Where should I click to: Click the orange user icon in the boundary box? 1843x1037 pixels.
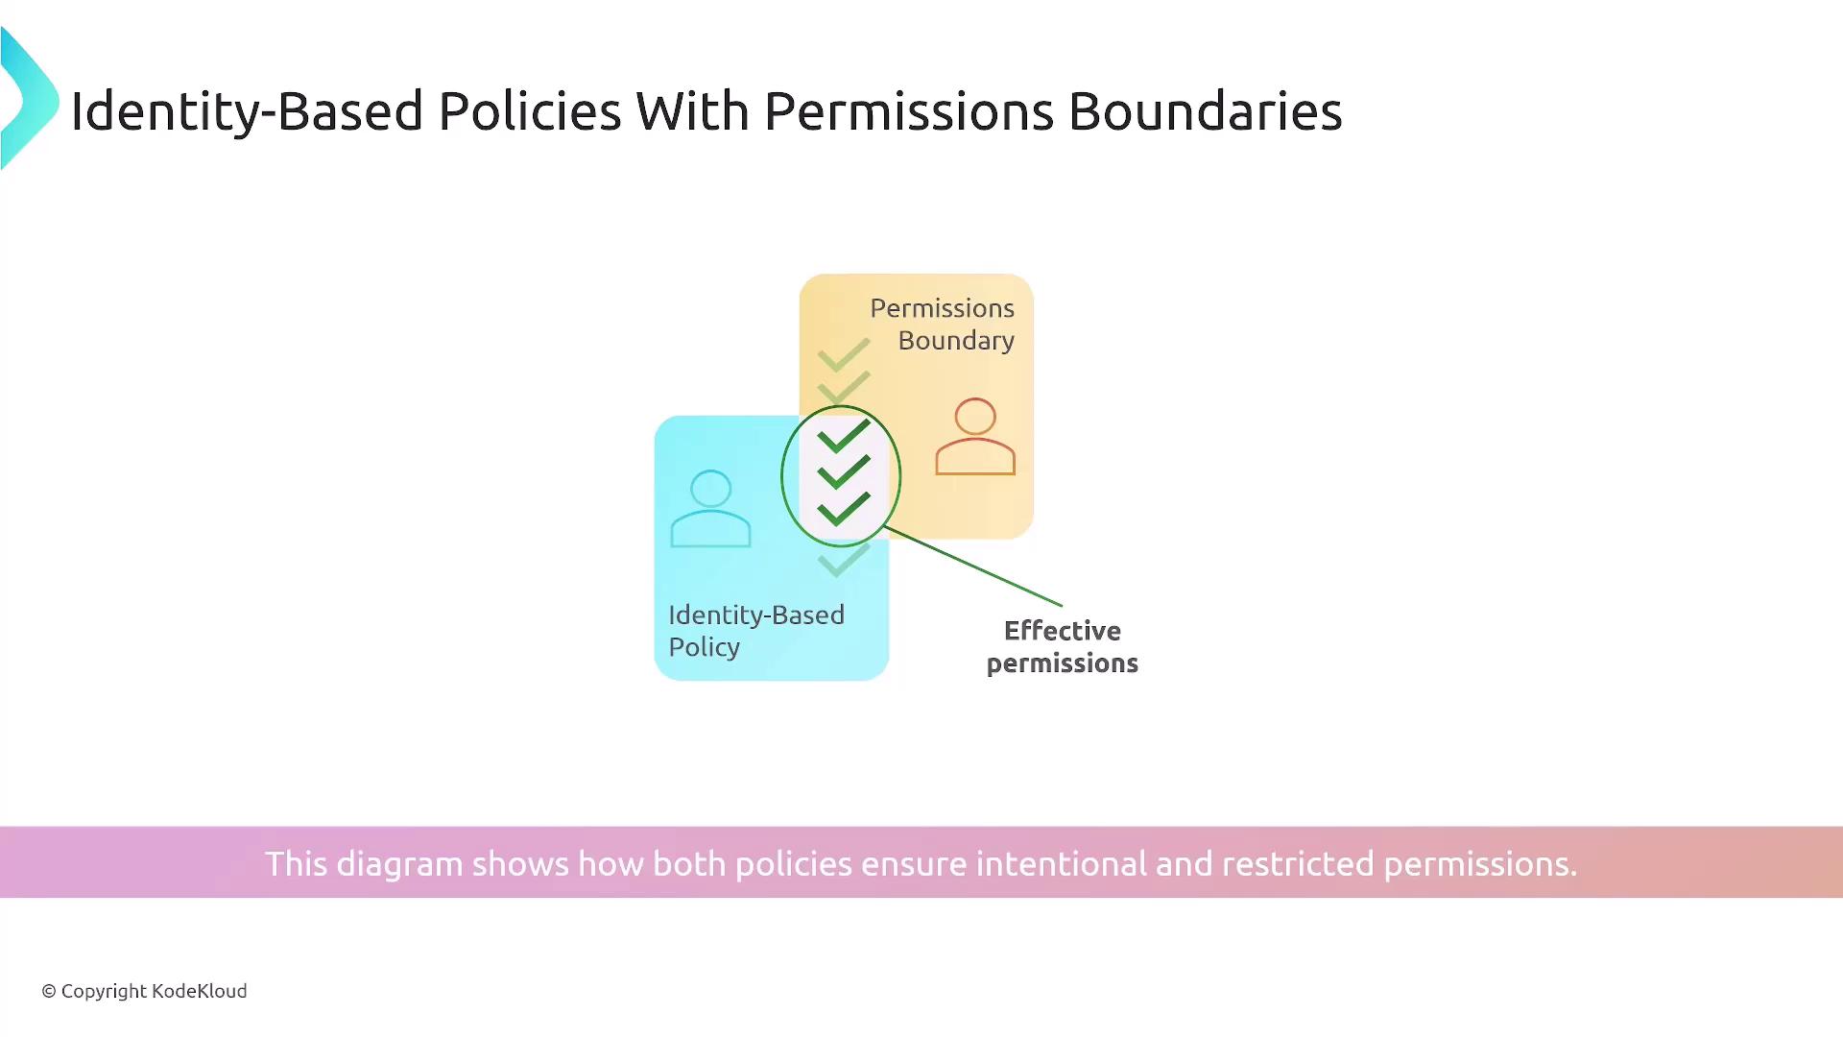[x=975, y=436]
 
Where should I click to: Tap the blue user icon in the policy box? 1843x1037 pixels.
[x=710, y=508]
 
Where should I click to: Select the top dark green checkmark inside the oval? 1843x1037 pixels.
[x=844, y=437]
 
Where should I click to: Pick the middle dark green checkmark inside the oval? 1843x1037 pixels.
[x=844, y=472]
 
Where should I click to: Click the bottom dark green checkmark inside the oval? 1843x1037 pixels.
[x=844, y=509]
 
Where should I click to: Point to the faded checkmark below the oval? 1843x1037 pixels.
[x=844, y=561]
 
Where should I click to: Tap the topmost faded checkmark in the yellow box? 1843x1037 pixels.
[x=844, y=355]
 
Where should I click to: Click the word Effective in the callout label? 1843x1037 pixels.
[x=1063, y=631]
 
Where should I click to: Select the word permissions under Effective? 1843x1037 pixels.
[x=1063, y=664]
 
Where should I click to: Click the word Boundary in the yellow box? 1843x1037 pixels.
[x=956, y=341]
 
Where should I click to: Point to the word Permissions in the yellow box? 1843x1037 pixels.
[x=943, y=308]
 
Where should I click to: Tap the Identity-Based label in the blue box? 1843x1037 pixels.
[x=756, y=615]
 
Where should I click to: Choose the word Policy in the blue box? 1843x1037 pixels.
[x=705, y=647]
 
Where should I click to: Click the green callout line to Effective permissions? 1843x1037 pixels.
[x=972, y=567]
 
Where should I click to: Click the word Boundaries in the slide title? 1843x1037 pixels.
[x=1205, y=111]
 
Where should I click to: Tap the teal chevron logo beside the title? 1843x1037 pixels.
[x=30, y=99]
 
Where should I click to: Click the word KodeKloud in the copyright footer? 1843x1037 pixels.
[x=200, y=991]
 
